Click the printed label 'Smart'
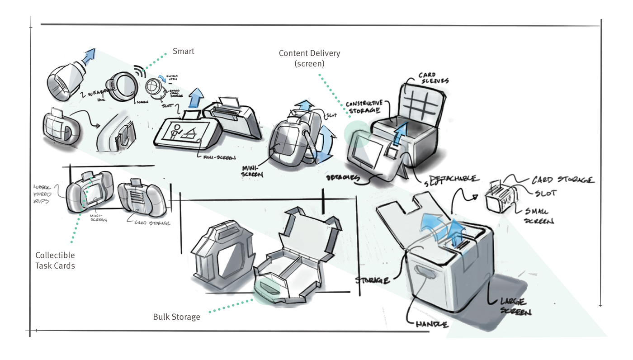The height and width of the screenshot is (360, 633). pos(184,51)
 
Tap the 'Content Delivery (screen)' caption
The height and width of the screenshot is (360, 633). pos(309,58)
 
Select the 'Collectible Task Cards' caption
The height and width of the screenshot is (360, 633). pos(55,261)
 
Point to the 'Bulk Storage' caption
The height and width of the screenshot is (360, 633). pos(176,317)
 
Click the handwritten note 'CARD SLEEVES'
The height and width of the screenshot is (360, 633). pos(427,78)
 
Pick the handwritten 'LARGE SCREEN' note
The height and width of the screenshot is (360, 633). pos(515,306)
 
